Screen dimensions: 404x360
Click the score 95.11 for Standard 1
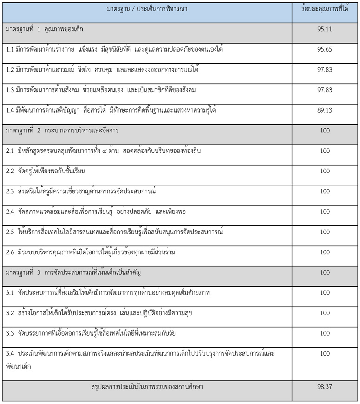(x=325, y=29)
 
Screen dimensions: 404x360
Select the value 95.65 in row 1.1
(x=325, y=49)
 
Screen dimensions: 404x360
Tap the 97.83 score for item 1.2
(x=325, y=70)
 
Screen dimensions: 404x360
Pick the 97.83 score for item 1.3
(x=325, y=90)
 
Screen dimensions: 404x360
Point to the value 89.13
(x=325, y=110)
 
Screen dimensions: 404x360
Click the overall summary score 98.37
(x=325, y=387)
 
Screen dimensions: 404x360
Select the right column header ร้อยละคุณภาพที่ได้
(x=325, y=9)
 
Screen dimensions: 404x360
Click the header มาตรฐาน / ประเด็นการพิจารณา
(x=147, y=9)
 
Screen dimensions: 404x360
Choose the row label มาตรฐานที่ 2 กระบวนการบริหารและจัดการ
(x=62, y=131)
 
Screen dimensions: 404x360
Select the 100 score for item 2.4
(x=325, y=212)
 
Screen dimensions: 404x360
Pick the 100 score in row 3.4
(x=325, y=354)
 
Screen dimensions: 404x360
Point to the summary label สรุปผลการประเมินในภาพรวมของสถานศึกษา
(x=147, y=387)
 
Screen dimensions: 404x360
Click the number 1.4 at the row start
(x=10, y=110)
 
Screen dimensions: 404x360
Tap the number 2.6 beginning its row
(x=10, y=252)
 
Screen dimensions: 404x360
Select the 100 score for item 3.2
(x=325, y=313)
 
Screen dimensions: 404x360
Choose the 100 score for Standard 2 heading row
(x=325, y=131)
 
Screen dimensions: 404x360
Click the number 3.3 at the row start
(x=10, y=333)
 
